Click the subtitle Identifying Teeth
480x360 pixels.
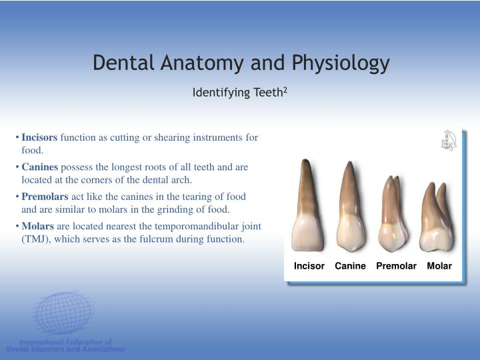tap(237, 92)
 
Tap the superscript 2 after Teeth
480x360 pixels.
tap(285, 89)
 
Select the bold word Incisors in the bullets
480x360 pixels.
tap(39, 137)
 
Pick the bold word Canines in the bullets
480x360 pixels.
tap(39, 167)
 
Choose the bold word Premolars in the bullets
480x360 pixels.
tap(45, 197)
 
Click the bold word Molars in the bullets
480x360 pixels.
tap(37, 226)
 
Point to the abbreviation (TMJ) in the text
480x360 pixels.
tap(36, 239)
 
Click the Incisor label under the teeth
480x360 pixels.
tap(309, 266)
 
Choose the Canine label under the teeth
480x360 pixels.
tap(350, 266)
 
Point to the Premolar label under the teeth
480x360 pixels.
tap(396, 266)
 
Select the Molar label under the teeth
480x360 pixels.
tap(439, 266)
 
